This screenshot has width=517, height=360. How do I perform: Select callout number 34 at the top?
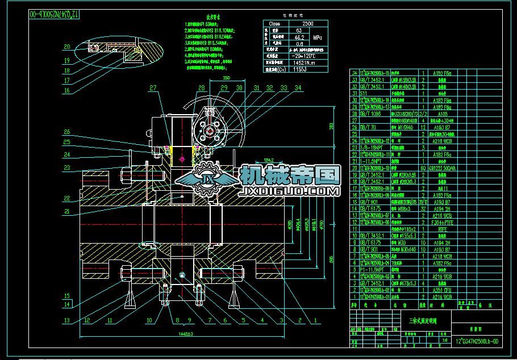(x=298, y=87)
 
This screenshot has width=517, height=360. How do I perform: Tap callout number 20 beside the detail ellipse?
(x=67, y=47)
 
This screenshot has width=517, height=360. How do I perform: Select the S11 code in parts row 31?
(x=364, y=93)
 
